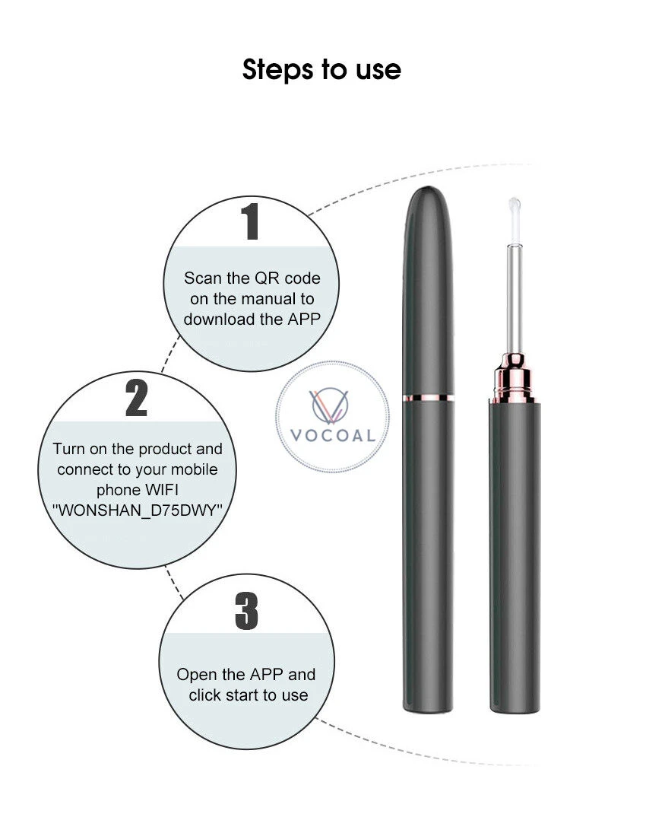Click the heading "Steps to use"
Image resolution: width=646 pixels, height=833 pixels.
321,69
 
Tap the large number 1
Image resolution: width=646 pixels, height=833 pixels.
250,221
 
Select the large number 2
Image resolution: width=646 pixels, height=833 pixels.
136,397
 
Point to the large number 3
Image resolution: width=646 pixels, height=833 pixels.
246,611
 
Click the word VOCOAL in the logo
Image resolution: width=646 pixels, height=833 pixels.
333,436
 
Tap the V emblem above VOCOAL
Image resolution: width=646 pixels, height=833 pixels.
330,405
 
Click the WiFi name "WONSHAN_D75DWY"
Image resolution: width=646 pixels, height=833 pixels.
137,510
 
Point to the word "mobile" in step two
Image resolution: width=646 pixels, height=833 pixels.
194,469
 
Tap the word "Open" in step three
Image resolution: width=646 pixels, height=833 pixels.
196,675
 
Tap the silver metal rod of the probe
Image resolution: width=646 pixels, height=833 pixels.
514,298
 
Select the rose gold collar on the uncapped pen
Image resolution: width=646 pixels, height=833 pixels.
513,378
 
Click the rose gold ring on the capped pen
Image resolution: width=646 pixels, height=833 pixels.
428,397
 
